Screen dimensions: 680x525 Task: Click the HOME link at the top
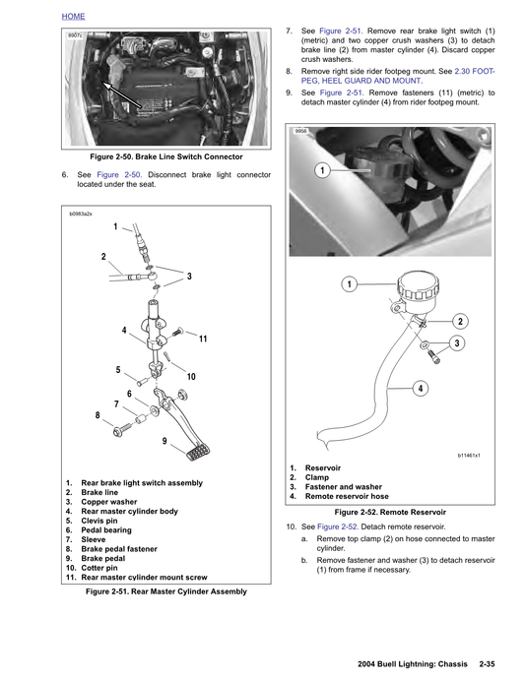pos(73,18)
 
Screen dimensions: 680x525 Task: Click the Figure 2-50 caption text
pos(165,156)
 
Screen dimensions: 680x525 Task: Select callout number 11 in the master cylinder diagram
pos(203,339)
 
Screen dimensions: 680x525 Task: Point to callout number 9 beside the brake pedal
pos(165,441)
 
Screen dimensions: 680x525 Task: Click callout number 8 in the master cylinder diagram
pos(98,415)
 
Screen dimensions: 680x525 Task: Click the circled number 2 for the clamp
pos(460,322)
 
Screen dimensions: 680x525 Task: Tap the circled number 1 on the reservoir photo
pos(322,171)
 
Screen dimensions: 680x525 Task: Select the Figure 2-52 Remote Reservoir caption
pos(390,513)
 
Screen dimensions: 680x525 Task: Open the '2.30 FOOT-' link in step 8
pos(474,72)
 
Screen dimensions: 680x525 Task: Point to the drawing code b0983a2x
pos(82,213)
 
